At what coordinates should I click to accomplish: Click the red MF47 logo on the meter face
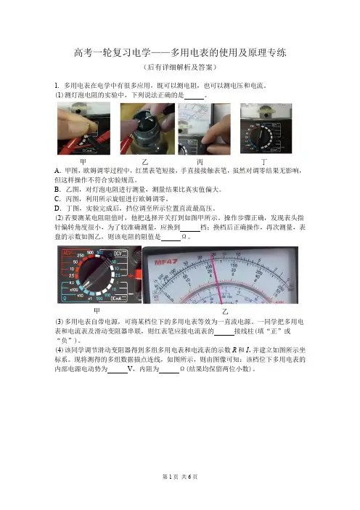pyautogui.click(x=166, y=262)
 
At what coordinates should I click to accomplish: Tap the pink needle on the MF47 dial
pyautogui.click(x=217, y=278)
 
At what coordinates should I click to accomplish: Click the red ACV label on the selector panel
pyautogui.click(x=67, y=253)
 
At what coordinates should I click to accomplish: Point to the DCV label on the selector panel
pyautogui.click(x=118, y=253)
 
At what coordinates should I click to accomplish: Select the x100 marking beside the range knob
pyautogui.click(x=74, y=289)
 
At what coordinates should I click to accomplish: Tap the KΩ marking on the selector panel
pyautogui.click(x=71, y=283)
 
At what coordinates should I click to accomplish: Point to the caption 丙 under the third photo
pyautogui.click(x=200, y=162)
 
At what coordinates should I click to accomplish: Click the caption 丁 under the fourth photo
pyautogui.click(x=264, y=162)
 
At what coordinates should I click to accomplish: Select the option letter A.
pyautogui.click(x=57, y=171)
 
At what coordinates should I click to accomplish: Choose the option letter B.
pyautogui.click(x=57, y=190)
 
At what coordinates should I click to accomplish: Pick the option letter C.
pyautogui.click(x=57, y=199)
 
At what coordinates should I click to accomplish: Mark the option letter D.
pyautogui.click(x=57, y=209)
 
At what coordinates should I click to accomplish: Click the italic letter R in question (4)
pyautogui.click(x=234, y=350)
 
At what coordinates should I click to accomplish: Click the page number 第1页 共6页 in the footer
pyautogui.click(x=180, y=477)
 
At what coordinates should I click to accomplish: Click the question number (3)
pyautogui.click(x=59, y=322)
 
